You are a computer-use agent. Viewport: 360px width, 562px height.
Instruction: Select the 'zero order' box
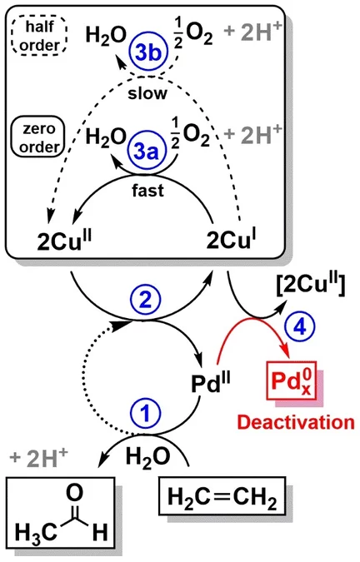click(x=33, y=138)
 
